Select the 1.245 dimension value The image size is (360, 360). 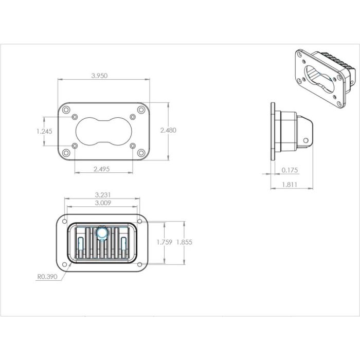click(x=44, y=131)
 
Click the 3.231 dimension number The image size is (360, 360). click(x=103, y=195)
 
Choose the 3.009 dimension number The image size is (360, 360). click(x=103, y=203)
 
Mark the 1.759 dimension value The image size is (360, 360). click(x=164, y=242)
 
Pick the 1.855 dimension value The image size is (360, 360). click(x=183, y=242)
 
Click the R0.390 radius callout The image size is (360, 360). click(x=46, y=277)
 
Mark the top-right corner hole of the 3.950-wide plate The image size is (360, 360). click(x=140, y=110)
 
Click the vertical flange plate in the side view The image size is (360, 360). click(x=273, y=132)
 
